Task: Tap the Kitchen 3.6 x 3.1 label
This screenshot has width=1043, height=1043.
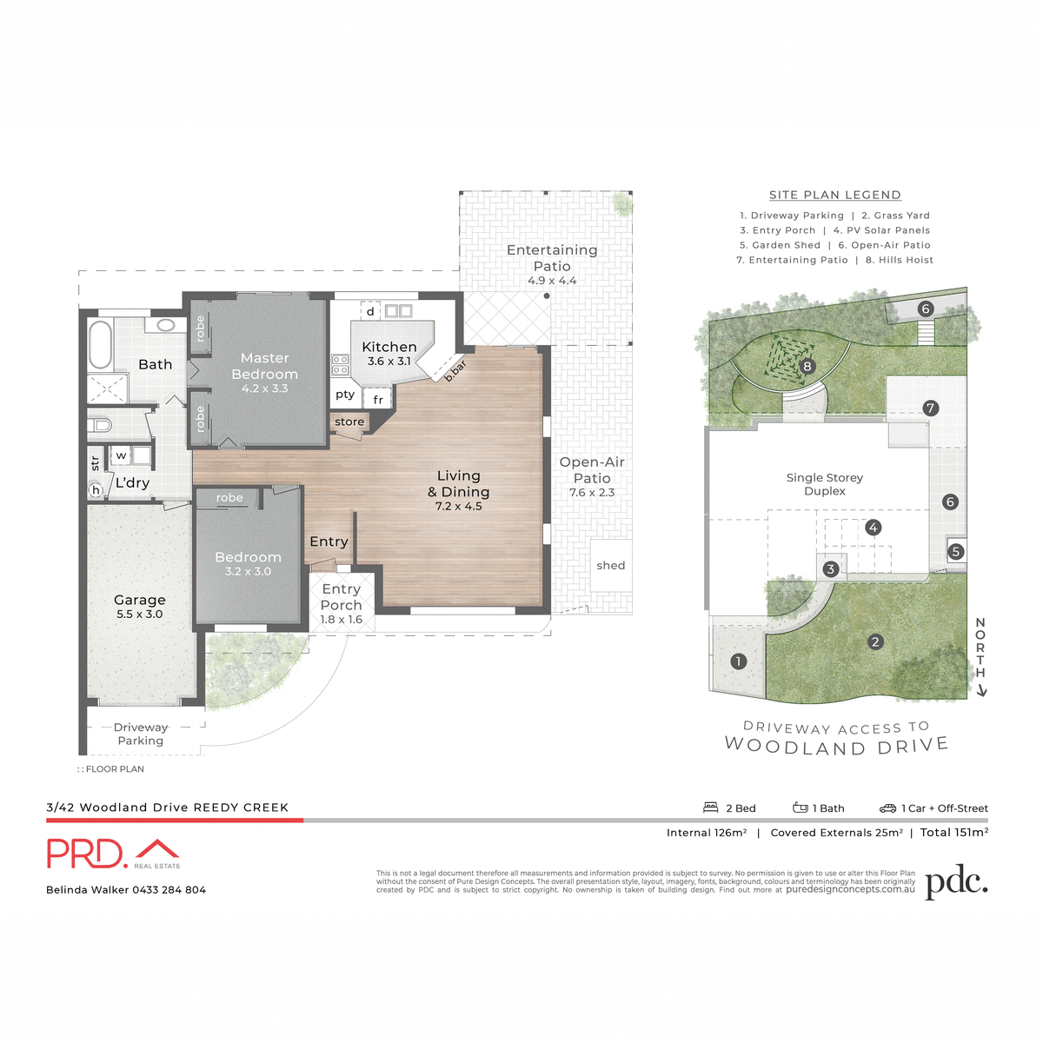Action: [x=389, y=353]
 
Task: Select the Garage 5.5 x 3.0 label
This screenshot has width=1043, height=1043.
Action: [x=140, y=606]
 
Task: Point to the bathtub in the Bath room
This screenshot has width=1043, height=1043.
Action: [x=101, y=346]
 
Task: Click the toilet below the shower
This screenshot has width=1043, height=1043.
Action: [x=101, y=425]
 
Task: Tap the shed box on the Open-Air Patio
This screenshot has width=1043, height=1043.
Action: [x=611, y=565]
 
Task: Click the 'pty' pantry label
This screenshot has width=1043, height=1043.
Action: [x=345, y=395]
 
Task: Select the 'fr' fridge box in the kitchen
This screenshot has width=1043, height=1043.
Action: [x=378, y=400]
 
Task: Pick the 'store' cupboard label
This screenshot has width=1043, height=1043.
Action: [x=349, y=422]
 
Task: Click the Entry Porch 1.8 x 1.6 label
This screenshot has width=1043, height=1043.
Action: [x=341, y=603]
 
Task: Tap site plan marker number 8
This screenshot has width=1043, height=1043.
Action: [x=807, y=366]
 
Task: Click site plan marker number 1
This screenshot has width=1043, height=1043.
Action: [x=738, y=661]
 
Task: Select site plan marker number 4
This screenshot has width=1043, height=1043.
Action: [x=873, y=527]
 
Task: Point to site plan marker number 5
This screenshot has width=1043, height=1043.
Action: [x=955, y=551]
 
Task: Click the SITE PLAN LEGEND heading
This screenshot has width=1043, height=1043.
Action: [x=834, y=195]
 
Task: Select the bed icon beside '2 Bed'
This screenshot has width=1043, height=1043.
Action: [x=711, y=807]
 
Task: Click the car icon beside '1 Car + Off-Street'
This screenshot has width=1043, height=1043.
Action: [x=887, y=807]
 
